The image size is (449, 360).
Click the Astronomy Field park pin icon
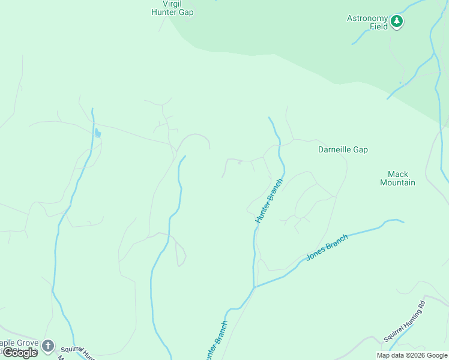point(396,22)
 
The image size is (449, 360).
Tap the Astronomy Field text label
point(368,22)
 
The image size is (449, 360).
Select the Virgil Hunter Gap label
point(172,8)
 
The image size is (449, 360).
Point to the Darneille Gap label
point(343,149)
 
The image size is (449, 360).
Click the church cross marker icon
point(48,346)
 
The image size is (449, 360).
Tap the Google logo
point(19,353)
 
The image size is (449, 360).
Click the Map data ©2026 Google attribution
point(412,355)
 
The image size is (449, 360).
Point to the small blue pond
point(97,133)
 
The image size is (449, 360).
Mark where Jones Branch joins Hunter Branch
point(255,287)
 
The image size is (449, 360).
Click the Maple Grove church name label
point(18,344)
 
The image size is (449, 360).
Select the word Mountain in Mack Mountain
point(397,182)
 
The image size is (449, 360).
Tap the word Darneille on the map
point(334,149)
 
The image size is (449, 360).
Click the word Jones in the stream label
point(316,253)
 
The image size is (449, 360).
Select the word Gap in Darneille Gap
point(360,149)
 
